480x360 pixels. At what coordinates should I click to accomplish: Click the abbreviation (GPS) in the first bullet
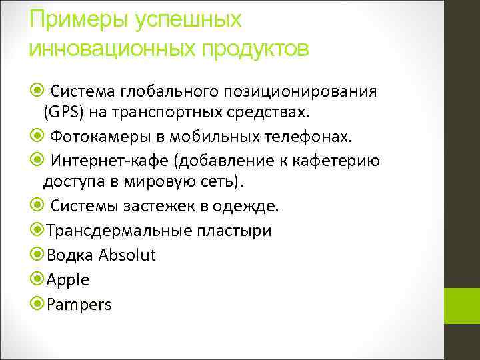tap(64, 111)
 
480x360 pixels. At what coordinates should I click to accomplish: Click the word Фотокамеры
tap(101, 137)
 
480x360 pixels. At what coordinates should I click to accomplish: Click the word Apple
tap(69, 279)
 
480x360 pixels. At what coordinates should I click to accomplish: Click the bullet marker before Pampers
tap(39, 304)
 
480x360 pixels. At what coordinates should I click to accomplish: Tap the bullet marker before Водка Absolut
tap(39, 255)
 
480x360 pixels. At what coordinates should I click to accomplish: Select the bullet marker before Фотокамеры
tap(39, 136)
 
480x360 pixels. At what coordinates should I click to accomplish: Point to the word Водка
tap(72, 255)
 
